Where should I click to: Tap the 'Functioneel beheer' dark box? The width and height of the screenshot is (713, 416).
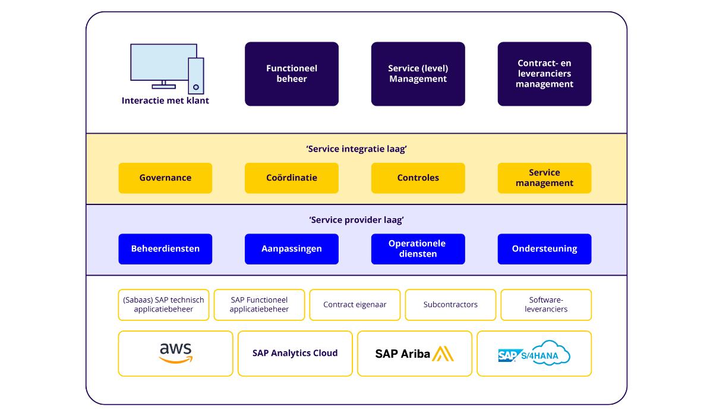click(292, 74)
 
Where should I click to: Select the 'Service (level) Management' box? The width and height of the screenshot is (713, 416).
click(418, 74)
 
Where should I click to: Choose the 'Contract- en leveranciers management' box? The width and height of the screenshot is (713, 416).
click(544, 74)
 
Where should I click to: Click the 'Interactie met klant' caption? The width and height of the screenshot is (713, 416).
click(165, 100)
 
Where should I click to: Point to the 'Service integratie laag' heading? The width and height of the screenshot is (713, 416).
click(356, 149)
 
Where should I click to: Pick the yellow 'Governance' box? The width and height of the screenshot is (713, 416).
click(165, 178)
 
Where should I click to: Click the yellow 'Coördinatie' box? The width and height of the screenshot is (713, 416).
click(292, 178)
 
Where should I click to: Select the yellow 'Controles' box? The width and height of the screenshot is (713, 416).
click(418, 178)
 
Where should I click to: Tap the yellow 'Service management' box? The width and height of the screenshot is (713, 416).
click(544, 178)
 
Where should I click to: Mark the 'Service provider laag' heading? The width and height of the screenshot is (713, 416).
click(356, 220)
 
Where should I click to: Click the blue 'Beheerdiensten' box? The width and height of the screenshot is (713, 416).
click(165, 248)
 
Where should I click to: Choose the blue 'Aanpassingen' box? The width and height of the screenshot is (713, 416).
click(292, 248)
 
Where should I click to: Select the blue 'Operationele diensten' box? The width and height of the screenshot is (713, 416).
click(418, 248)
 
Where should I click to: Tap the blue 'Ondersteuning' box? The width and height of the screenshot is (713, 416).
click(544, 248)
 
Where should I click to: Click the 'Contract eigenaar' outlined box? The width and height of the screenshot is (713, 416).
click(355, 304)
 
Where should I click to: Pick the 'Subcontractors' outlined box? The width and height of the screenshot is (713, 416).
click(450, 304)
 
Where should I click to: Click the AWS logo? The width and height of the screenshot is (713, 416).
click(176, 353)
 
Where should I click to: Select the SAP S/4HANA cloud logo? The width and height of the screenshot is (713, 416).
click(534, 354)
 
